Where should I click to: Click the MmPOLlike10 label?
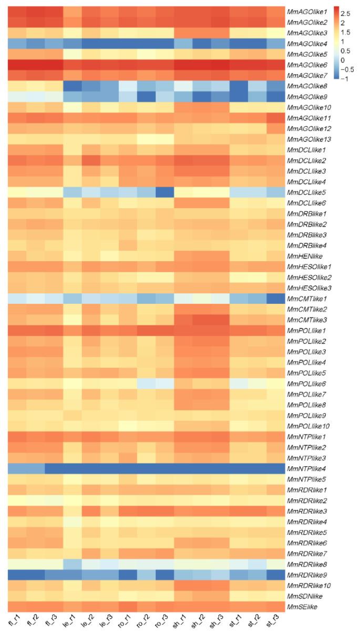(307, 426)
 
